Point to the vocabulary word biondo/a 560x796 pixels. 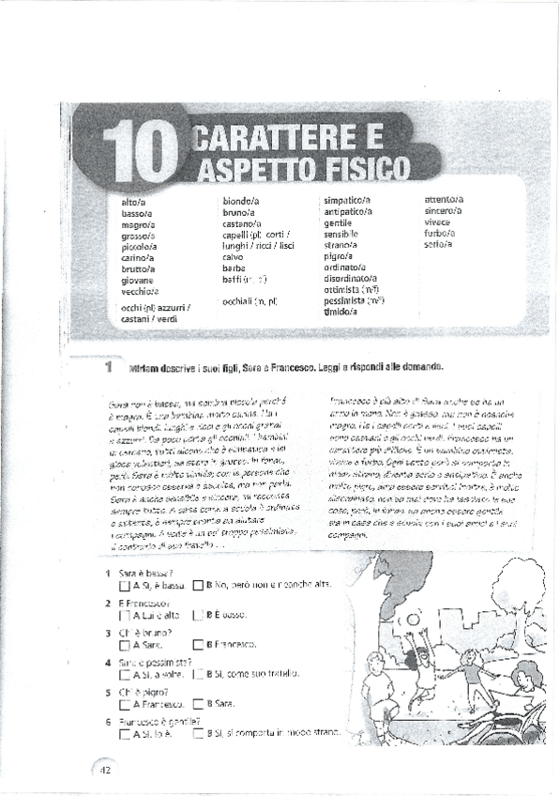pos(241,201)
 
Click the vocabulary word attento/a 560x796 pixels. pos(444,200)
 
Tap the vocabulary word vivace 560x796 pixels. pos(437,222)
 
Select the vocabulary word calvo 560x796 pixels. pos(233,257)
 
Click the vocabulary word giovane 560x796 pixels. pos(137,280)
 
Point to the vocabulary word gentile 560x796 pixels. pos(338,223)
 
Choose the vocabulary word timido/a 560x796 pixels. pos(341,312)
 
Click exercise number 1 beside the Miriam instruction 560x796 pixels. pos(109,368)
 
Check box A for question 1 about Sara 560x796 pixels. pos(125,586)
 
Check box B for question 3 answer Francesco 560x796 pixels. pos(197,645)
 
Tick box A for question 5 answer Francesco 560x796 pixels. pos(125,704)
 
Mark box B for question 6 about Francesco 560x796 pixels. pos(197,734)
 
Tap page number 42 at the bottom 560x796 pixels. pos(105,769)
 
